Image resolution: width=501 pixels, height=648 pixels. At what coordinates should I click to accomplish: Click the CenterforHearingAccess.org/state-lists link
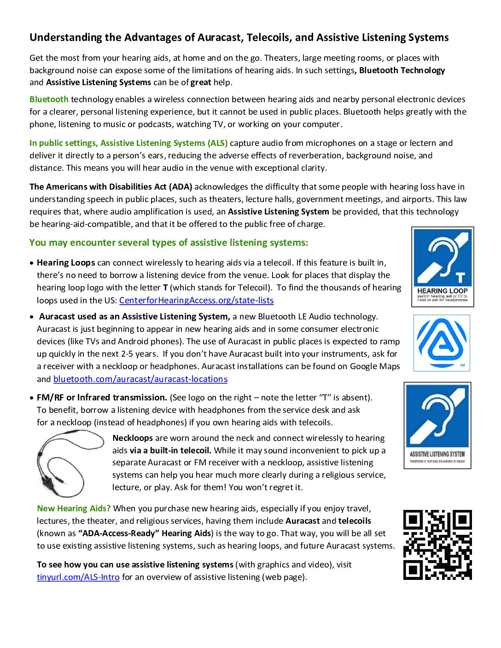(x=196, y=301)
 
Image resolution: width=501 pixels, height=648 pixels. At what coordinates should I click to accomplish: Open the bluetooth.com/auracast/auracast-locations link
(x=140, y=379)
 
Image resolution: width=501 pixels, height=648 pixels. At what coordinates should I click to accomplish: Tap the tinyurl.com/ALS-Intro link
(x=78, y=577)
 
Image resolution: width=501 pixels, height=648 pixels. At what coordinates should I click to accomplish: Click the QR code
(x=437, y=544)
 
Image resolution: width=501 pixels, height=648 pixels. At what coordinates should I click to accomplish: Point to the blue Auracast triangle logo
(x=442, y=343)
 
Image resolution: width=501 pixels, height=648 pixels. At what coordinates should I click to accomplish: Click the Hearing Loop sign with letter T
(x=443, y=267)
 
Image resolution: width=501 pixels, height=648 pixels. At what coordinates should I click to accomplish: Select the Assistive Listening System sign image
(x=437, y=425)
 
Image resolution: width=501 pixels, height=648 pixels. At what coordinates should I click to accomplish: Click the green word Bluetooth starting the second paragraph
(x=49, y=99)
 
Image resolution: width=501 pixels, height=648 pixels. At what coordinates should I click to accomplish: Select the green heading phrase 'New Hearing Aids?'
(x=74, y=509)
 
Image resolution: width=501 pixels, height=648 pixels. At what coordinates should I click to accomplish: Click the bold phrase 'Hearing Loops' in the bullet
(x=66, y=263)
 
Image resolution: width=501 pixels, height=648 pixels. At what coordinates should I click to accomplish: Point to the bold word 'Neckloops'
(x=133, y=438)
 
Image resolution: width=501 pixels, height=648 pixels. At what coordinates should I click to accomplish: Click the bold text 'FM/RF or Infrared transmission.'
(x=102, y=398)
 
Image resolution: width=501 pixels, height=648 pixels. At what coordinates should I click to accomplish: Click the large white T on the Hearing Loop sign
(x=460, y=278)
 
